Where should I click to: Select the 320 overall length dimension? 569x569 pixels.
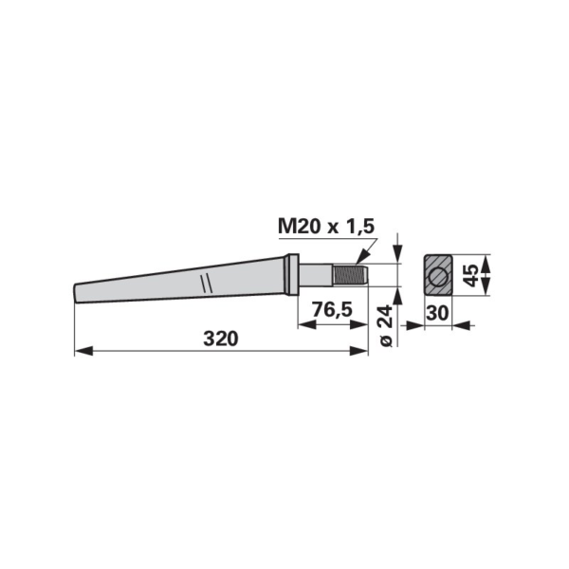click(x=221, y=339)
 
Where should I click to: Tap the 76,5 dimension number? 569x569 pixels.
click(x=332, y=310)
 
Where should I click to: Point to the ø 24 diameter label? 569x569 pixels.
click(x=386, y=326)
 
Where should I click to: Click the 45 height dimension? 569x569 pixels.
click(x=471, y=275)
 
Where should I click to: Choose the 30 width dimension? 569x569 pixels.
click(x=437, y=313)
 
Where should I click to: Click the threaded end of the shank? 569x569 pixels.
click(x=351, y=275)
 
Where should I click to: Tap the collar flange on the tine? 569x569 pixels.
click(x=292, y=275)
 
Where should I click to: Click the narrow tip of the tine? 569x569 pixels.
click(x=77, y=293)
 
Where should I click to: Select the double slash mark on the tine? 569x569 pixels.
click(x=206, y=283)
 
